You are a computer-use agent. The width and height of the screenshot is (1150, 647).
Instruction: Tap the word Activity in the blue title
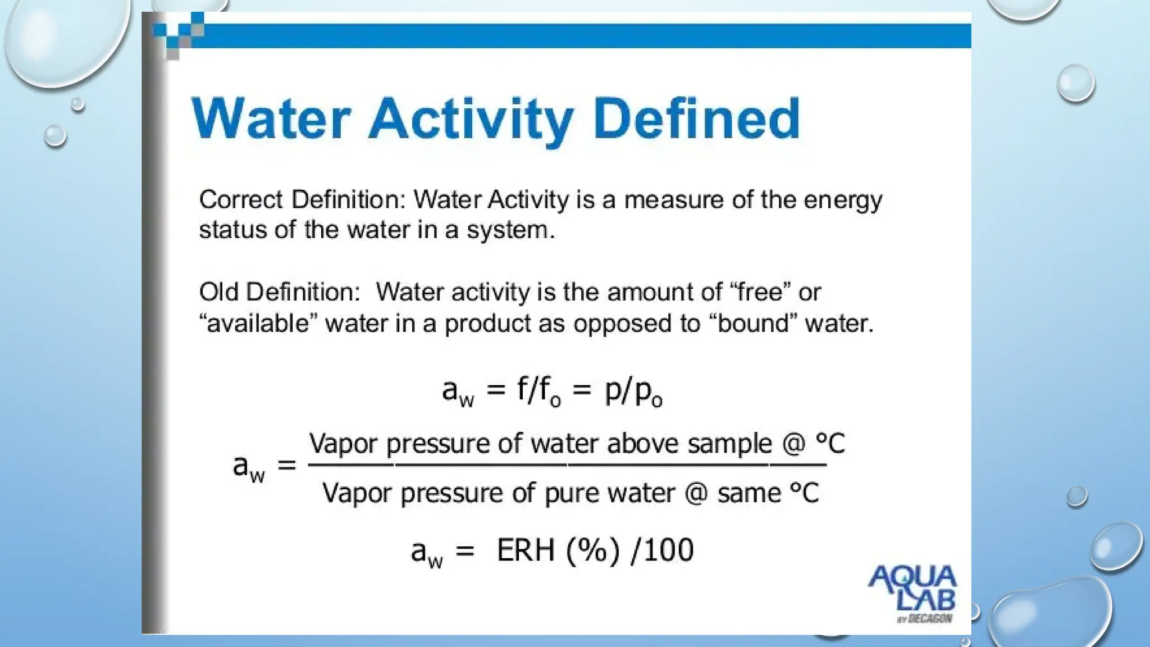click(x=471, y=120)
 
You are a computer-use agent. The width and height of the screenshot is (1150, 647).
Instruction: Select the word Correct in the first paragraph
click(x=241, y=200)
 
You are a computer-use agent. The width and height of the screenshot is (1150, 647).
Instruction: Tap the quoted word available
click(x=258, y=323)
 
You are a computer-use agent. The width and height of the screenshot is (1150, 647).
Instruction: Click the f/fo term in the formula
click(x=538, y=390)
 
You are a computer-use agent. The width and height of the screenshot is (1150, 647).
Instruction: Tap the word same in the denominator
click(x=749, y=494)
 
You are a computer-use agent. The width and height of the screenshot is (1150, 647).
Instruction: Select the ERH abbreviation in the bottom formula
click(x=526, y=550)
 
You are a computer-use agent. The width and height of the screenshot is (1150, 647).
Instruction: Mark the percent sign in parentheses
click(x=593, y=550)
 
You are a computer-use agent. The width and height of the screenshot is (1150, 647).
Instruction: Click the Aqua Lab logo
click(x=912, y=593)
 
